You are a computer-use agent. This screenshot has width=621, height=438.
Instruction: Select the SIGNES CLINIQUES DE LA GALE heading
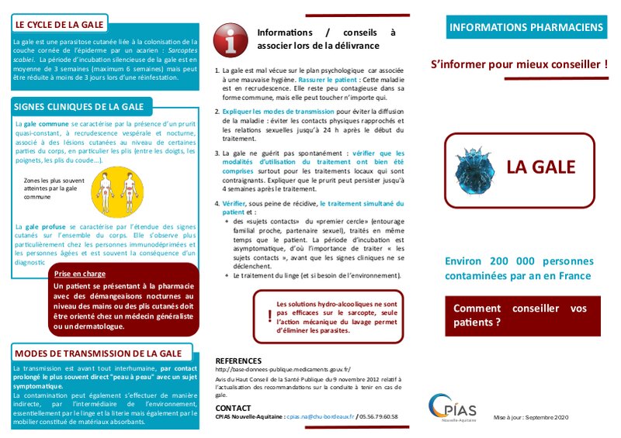pos(80,106)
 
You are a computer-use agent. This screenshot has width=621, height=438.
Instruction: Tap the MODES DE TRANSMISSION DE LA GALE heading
pos(98,353)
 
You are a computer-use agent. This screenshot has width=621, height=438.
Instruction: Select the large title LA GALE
pos(540,167)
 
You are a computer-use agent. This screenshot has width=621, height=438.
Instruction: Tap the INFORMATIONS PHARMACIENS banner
pos(526,27)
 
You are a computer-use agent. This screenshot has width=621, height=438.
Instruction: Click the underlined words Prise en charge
pos(80,274)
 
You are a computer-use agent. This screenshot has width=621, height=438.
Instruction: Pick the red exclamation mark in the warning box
pos(269,316)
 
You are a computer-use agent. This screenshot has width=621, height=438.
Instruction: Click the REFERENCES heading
pos(238,361)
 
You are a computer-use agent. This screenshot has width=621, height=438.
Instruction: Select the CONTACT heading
pos(233,408)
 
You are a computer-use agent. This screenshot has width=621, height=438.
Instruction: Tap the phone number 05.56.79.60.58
pos(379,417)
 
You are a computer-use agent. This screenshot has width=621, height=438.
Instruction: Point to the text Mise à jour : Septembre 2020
pos(531,419)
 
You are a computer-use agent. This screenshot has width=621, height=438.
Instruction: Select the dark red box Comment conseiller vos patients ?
pos(526,315)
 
